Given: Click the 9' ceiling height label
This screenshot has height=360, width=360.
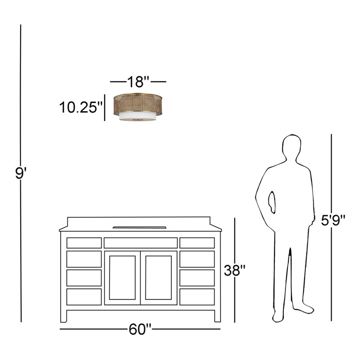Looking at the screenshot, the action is point(21,173).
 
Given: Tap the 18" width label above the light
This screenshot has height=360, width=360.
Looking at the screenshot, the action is point(138,81).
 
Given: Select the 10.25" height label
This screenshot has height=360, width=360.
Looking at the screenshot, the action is point(81,107).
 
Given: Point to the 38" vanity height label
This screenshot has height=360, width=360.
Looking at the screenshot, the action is point(234,270).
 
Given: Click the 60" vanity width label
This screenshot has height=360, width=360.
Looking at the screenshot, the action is point(140,329).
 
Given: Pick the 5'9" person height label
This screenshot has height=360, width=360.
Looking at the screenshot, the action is point(333,220).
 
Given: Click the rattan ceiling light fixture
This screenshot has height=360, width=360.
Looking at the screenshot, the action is point(138,107).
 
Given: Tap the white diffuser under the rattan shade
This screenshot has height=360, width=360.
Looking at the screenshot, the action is point(138,116).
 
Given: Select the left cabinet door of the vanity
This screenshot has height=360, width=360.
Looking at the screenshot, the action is point(122,278).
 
